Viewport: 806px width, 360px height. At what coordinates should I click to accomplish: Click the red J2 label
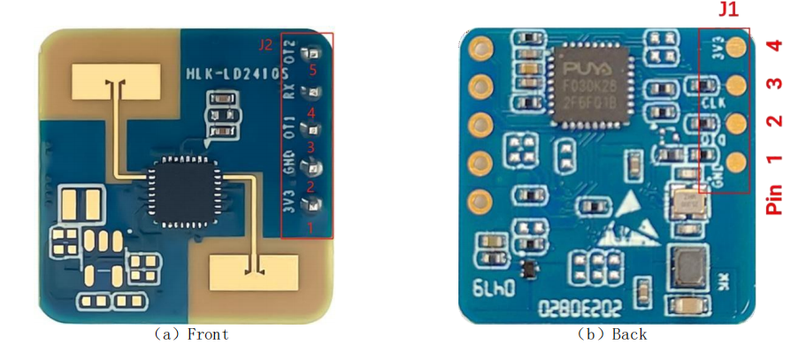pyautogui.click(x=265, y=44)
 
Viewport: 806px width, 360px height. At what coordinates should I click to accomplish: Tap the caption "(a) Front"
pyautogui.click(x=191, y=334)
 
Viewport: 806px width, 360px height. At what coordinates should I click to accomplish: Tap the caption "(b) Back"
pyautogui.click(x=611, y=334)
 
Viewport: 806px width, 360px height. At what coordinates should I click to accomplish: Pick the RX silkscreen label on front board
pyautogui.click(x=288, y=89)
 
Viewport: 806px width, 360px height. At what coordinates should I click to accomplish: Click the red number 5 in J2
pyautogui.click(x=311, y=68)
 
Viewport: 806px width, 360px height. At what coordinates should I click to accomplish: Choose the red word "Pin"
pyautogui.click(x=775, y=199)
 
